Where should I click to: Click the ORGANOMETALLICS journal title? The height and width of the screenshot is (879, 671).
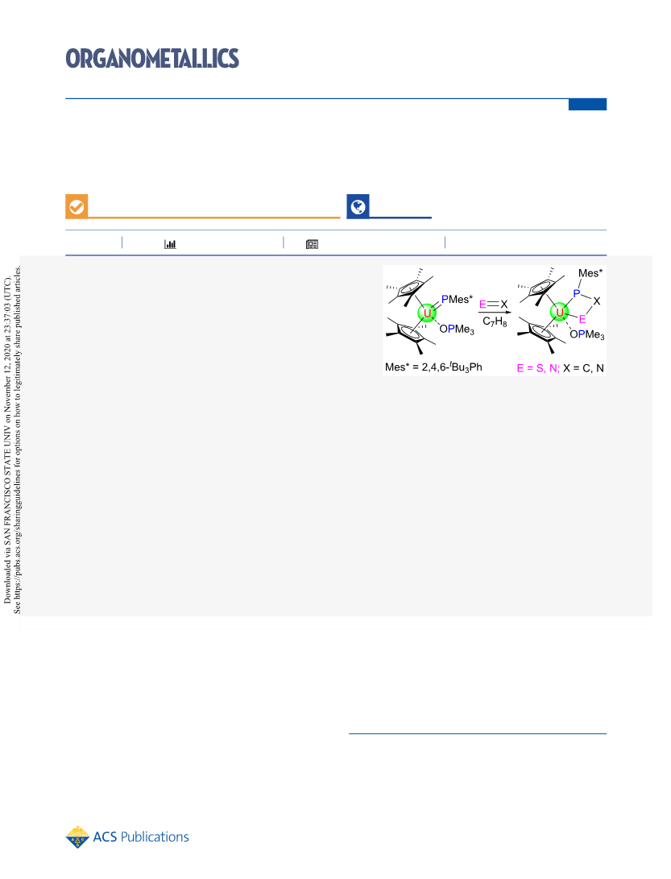(x=152, y=58)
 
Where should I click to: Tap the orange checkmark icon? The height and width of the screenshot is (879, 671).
(x=77, y=207)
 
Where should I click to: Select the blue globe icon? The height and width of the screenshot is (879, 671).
(x=358, y=207)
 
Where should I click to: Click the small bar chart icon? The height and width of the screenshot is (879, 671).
(x=170, y=244)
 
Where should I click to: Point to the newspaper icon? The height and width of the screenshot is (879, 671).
(x=313, y=244)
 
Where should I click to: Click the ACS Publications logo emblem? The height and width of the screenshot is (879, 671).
(x=77, y=837)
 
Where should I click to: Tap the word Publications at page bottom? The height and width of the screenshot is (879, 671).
(x=155, y=837)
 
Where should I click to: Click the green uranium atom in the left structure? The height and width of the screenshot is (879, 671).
(x=427, y=313)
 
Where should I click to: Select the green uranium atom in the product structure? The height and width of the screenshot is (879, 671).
(x=560, y=313)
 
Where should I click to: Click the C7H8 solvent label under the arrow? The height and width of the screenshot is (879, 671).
(x=495, y=321)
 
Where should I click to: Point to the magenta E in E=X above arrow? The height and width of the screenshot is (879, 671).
(x=483, y=305)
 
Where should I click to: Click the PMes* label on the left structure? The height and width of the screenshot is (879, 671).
(x=457, y=300)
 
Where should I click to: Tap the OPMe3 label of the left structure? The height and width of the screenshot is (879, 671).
(x=457, y=330)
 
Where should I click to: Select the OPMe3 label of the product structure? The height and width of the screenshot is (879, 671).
(x=587, y=334)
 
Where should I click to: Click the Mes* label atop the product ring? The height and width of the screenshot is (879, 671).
(x=590, y=273)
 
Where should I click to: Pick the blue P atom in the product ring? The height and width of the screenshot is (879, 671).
(x=576, y=293)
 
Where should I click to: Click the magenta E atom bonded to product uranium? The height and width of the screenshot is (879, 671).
(x=582, y=319)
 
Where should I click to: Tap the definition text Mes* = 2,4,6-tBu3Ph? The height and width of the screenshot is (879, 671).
(x=433, y=367)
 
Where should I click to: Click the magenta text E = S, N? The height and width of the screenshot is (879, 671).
(x=538, y=368)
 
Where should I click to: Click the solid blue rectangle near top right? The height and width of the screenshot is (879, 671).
(x=587, y=105)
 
